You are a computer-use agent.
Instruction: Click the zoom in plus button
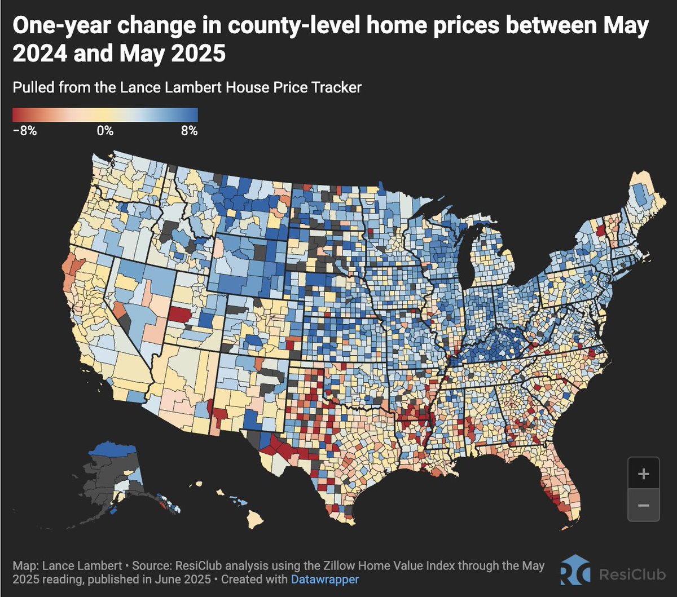tap(643, 474)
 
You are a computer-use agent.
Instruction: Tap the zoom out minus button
tap(643, 505)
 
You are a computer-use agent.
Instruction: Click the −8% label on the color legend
tap(24, 131)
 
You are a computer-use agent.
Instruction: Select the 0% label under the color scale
tap(105, 131)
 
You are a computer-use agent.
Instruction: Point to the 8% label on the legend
tap(189, 131)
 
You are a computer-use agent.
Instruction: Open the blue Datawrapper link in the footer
tap(325, 579)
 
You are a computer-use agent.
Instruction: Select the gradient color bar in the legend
tap(105, 114)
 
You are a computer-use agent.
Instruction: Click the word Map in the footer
tap(24, 565)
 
